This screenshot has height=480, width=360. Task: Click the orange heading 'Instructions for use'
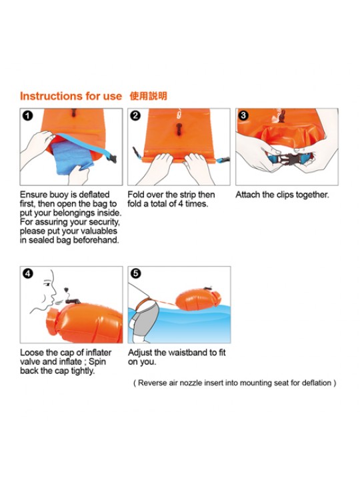tap(71, 96)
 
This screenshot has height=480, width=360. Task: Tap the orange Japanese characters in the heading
tap(149, 96)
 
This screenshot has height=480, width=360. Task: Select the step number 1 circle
tap(27, 116)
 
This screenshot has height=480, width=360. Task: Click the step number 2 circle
tap(135, 116)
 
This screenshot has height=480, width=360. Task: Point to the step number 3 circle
tap(243, 115)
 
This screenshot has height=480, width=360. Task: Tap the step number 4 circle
tap(28, 273)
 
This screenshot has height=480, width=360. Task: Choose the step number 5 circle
tap(135, 273)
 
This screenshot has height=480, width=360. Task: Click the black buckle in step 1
tap(111, 159)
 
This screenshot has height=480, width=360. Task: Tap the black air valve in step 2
tap(179, 129)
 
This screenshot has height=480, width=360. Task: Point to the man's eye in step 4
tap(47, 285)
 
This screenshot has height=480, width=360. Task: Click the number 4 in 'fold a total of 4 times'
tap(181, 204)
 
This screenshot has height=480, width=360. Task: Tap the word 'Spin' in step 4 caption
tap(97, 362)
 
